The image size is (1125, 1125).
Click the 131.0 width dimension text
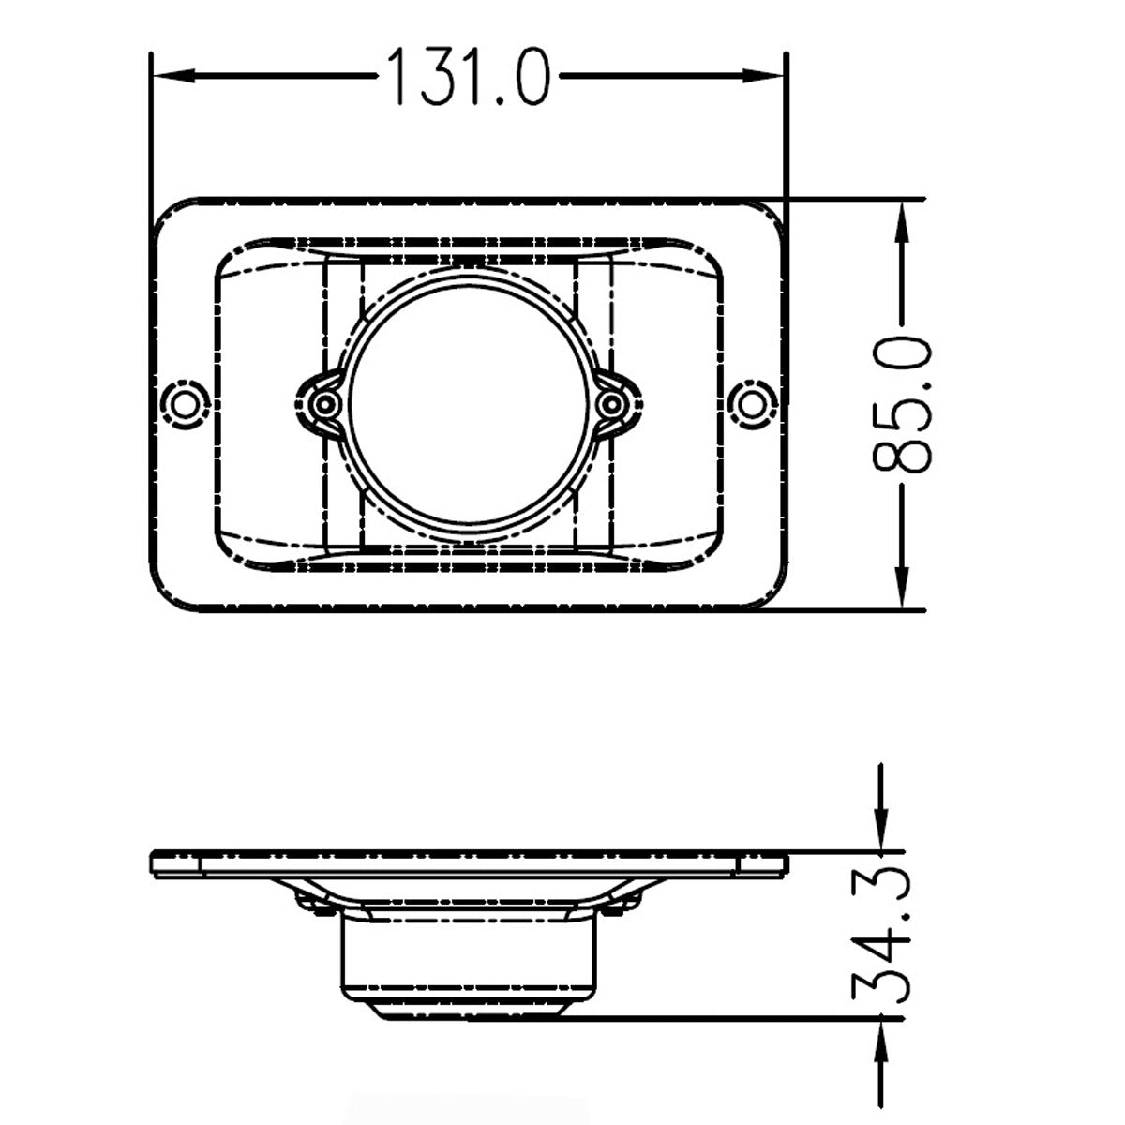click(x=468, y=75)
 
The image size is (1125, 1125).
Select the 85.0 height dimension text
click(x=902, y=404)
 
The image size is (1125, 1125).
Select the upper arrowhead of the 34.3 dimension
click(x=882, y=833)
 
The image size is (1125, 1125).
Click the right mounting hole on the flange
click(x=751, y=404)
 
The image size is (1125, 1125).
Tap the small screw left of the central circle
click(x=325, y=404)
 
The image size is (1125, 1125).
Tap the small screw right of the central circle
click(x=611, y=404)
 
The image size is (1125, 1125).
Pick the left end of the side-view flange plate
click(x=155, y=863)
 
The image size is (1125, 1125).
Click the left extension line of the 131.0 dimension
click(x=151, y=131)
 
